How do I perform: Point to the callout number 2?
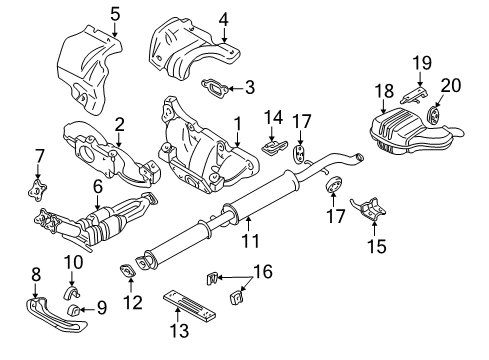click(118, 124)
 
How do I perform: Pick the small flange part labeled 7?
click(39, 187)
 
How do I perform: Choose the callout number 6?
click(98, 186)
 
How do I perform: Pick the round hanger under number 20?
click(434, 114)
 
